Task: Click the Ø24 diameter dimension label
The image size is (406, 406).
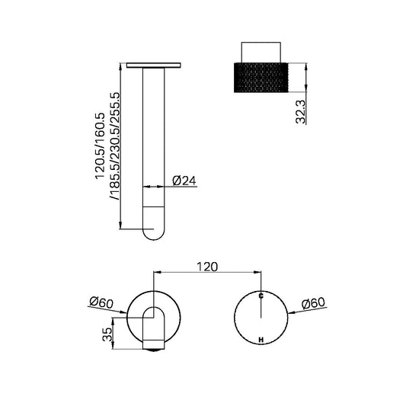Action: (184, 181)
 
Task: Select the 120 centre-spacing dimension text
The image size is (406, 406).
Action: (208, 267)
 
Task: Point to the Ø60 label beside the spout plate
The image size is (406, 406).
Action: (101, 302)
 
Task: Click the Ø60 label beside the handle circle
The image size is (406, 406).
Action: (315, 302)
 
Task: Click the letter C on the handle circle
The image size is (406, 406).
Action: (261, 295)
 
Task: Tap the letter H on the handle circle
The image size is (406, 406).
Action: (261, 339)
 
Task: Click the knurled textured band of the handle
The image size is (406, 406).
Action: (261, 76)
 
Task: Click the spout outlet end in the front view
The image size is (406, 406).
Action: (154, 348)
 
